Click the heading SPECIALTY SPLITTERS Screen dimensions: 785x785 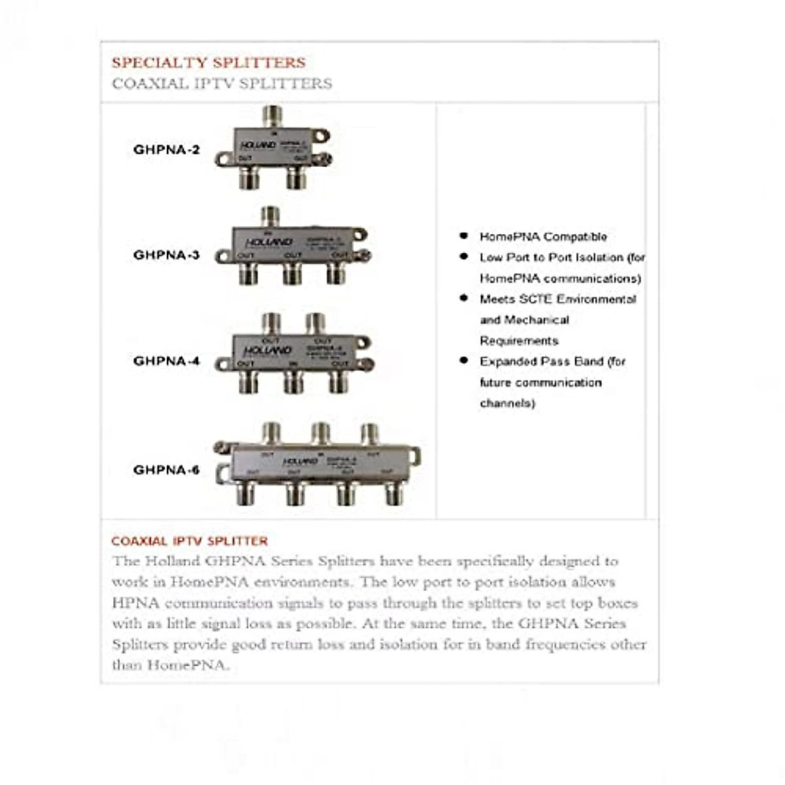tap(208, 63)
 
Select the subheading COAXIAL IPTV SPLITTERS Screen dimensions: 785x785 tap(222, 84)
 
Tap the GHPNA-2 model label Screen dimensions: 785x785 tap(166, 150)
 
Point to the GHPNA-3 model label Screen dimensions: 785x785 tap(166, 255)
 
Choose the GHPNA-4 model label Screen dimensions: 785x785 tap(166, 361)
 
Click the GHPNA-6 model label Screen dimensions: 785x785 tap(166, 470)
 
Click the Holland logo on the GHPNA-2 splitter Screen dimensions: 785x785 tap(257, 145)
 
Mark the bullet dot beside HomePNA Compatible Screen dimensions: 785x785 tap(464, 236)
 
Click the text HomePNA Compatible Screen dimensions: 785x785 tap(543, 237)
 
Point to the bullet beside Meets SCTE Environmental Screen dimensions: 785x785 tap(464, 298)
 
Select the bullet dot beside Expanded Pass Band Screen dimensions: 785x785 tap(464, 360)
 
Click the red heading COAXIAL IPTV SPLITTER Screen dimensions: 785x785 tap(190, 542)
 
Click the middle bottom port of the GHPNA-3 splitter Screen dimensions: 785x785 tap(292, 273)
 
